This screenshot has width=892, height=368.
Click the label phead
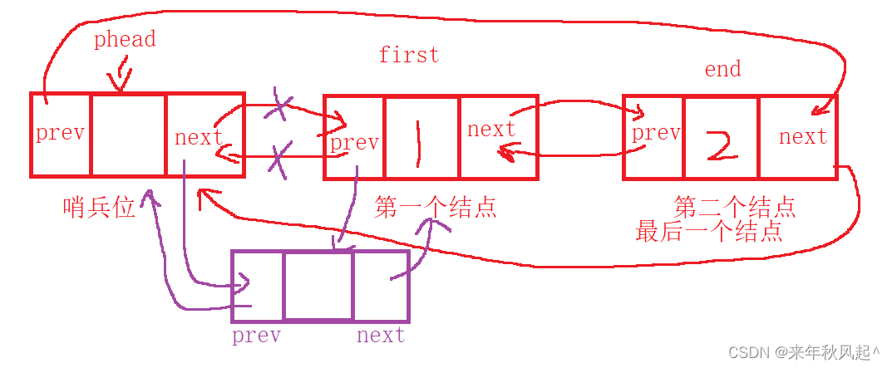coord(125,40)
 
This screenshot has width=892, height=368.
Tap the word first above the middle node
coord(408,56)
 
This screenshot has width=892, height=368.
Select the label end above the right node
coord(722,69)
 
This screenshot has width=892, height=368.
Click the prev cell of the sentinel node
coord(61,134)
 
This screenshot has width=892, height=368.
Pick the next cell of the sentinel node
coord(205,135)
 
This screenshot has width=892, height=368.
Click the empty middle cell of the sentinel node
coord(128,135)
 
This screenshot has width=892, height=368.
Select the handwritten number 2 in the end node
coord(720,142)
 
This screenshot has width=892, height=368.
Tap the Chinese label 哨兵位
coord(99,207)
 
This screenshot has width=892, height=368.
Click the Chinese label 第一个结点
coord(436,207)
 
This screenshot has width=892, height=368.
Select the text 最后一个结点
coord(708,231)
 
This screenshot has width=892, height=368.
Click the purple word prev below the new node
coord(256,336)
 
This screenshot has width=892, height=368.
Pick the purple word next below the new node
coord(380,336)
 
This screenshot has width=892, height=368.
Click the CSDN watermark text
coord(803,353)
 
